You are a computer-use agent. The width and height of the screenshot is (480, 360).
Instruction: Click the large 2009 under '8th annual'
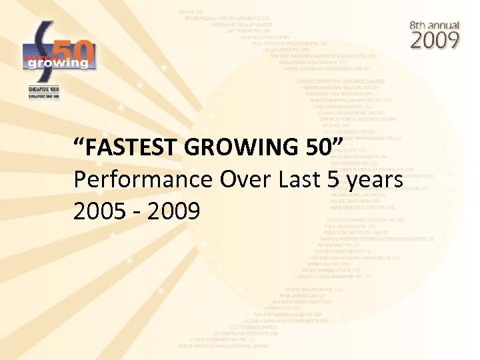pos(434,39)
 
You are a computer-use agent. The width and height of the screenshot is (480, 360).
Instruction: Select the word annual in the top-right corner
pos(445,25)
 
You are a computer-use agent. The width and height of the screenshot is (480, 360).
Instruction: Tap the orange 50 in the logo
pos(77,47)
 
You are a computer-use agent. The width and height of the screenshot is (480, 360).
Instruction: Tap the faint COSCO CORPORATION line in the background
pos(339,81)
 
